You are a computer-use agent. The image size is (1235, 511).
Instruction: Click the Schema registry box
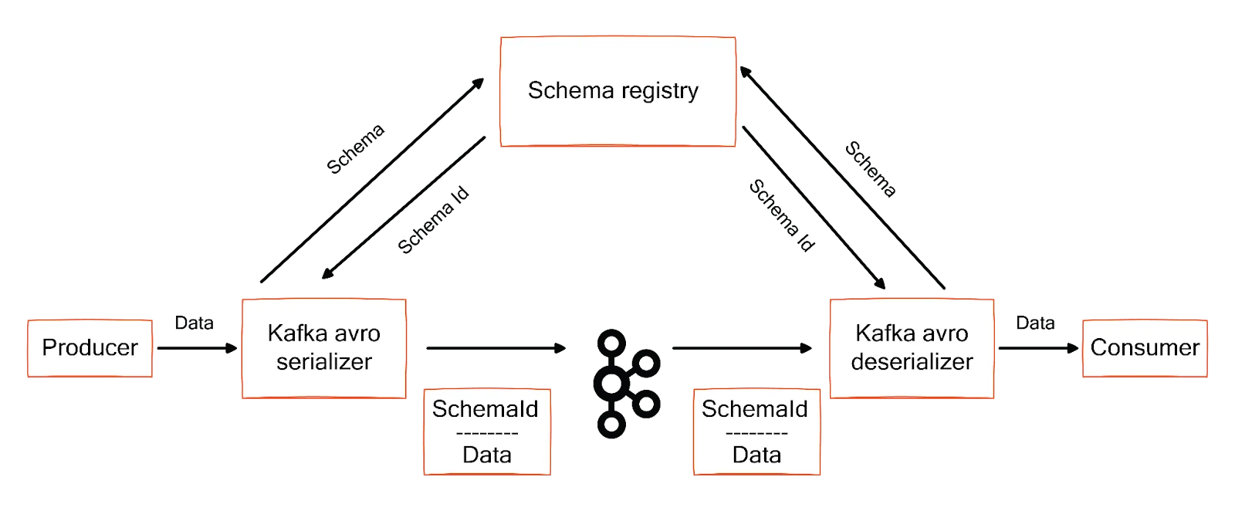tap(617, 90)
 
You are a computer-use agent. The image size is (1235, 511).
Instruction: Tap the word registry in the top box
tap(660, 91)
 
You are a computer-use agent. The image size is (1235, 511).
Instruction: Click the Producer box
tap(90, 347)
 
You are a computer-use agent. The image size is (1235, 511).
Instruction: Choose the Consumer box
tap(1145, 347)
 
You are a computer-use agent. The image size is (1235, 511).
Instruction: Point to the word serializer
tap(324, 361)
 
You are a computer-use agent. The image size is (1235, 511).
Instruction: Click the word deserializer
tap(912, 361)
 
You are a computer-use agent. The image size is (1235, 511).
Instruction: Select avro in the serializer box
tap(356, 333)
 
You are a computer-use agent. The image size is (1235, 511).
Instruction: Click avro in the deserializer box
tap(944, 333)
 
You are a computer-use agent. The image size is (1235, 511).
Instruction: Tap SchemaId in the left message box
tap(486, 409)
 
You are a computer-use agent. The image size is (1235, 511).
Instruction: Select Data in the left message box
tap(487, 455)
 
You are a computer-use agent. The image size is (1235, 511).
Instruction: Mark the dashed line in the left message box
tap(487, 433)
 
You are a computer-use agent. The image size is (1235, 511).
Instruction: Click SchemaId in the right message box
tap(755, 409)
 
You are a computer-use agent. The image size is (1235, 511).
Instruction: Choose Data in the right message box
tap(756, 455)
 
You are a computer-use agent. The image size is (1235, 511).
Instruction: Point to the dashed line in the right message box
tap(756, 433)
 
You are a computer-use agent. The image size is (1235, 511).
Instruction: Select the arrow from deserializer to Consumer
tap(1039, 349)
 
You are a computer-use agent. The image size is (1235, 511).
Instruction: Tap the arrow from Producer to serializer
tap(197, 349)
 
